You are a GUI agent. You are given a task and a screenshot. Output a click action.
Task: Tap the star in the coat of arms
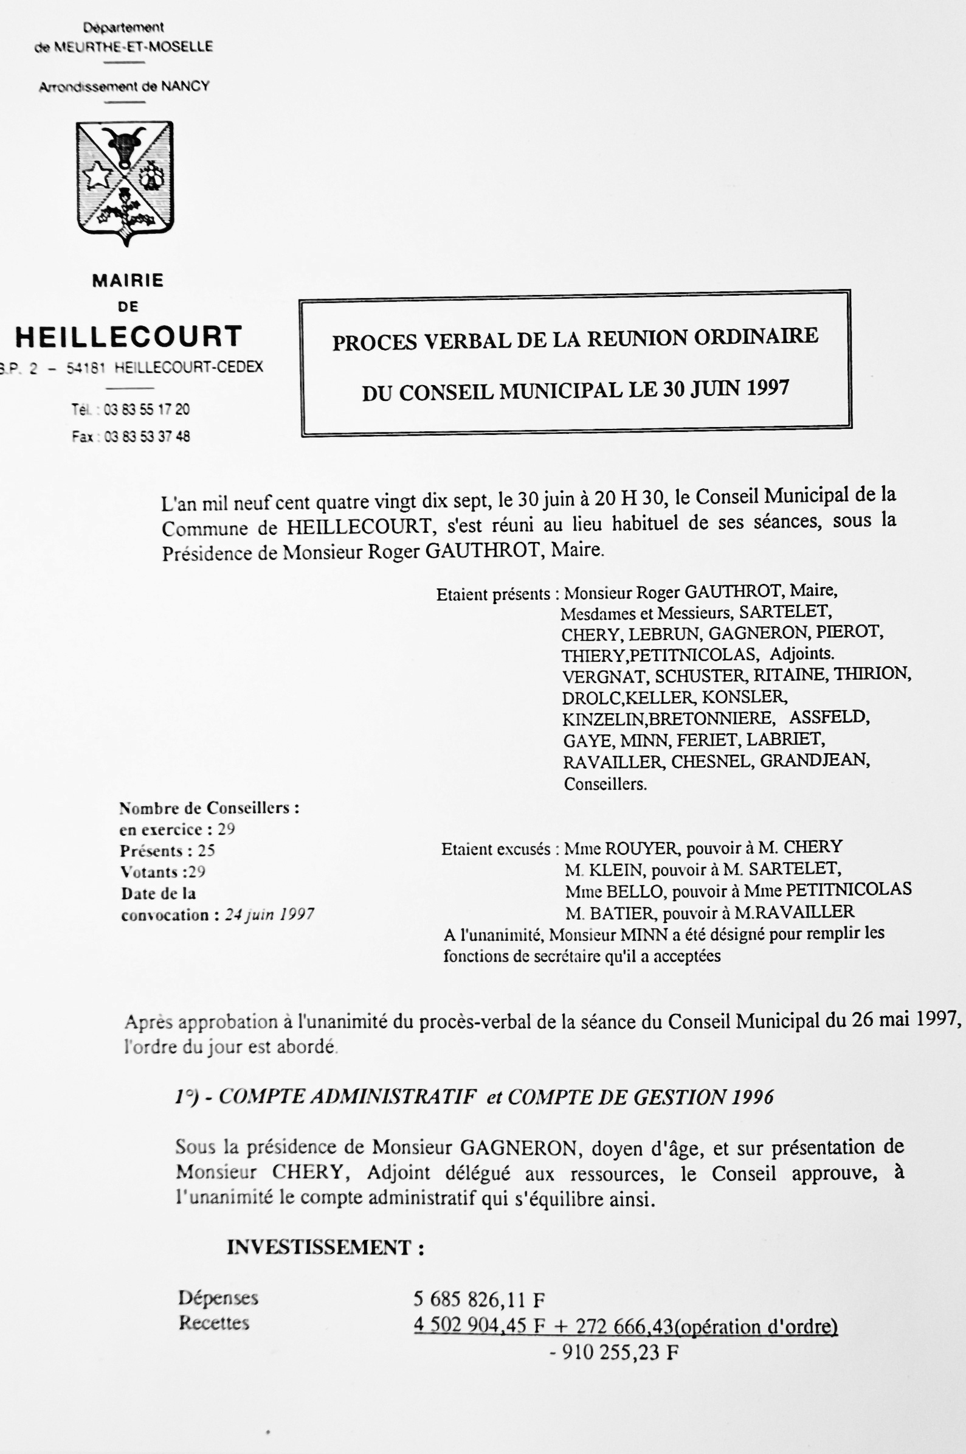coord(98,175)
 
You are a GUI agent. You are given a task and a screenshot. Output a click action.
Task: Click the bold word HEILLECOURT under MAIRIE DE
coord(128,336)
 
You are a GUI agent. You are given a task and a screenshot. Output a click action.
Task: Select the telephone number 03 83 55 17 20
coord(147,409)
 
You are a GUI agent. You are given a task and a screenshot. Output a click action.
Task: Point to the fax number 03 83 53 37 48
coord(147,437)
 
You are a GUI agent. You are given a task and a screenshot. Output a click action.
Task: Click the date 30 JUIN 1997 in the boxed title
coord(726,388)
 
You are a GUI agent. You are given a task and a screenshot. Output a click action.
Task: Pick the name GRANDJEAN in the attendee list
coord(815,760)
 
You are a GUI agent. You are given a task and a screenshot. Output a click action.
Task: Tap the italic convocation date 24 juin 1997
coord(269,915)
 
